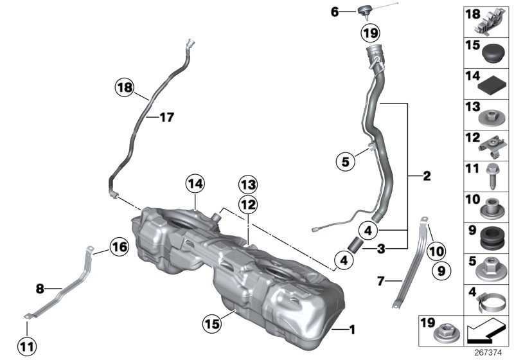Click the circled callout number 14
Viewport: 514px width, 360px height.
[195, 184]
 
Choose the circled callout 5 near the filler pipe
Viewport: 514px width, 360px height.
[346, 162]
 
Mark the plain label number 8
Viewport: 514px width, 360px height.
[40, 289]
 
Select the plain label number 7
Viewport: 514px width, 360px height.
[380, 281]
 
